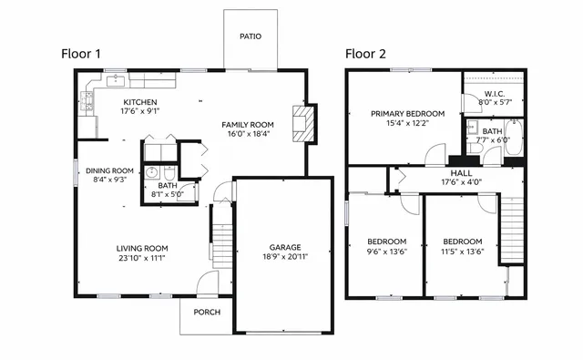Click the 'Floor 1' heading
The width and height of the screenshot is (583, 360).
(80, 54)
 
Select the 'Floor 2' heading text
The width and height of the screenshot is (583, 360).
(365, 54)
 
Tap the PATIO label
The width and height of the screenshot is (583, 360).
(251, 37)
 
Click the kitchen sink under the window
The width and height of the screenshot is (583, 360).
(117, 81)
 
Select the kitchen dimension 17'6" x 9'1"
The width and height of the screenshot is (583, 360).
(140, 112)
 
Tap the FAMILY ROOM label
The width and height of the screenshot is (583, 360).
(248, 124)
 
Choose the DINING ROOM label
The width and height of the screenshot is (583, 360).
(110, 170)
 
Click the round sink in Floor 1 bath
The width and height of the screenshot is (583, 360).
(151, 172)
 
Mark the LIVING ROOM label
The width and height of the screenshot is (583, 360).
(141, 248)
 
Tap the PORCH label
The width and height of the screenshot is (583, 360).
(207, 313)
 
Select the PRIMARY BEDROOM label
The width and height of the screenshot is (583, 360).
(407, 114)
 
